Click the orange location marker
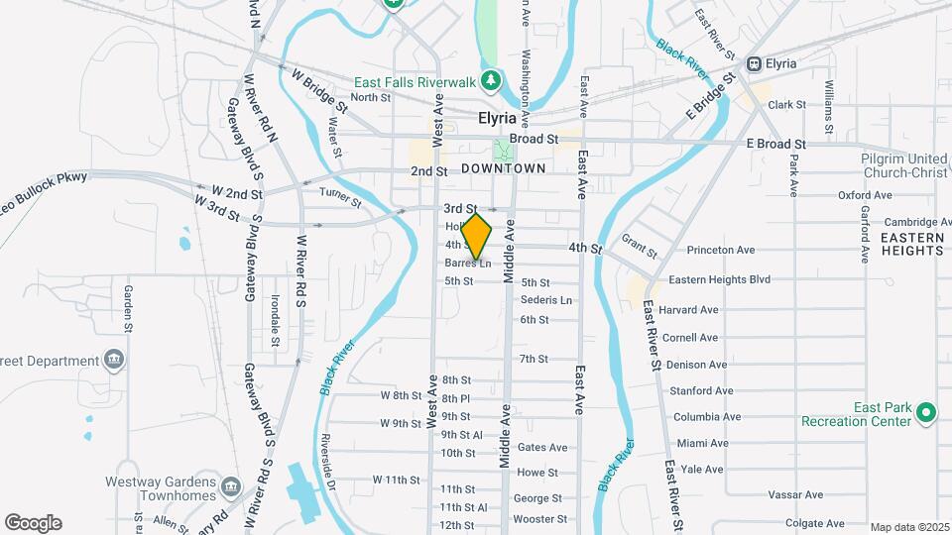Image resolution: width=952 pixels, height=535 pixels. pos(477,237)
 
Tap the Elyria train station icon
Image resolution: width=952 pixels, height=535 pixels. pos(754,63)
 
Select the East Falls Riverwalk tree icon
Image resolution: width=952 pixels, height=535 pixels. pos(488,79)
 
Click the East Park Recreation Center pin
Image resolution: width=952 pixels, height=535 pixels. pos(927,411)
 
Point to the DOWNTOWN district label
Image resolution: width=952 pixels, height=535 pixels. pos(504,169)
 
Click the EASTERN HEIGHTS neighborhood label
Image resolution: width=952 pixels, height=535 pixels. pos(911,244)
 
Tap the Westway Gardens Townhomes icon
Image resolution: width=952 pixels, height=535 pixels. pos(231,486)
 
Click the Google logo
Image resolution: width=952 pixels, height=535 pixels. pos(33,522)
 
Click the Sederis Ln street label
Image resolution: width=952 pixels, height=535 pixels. pos(546,300)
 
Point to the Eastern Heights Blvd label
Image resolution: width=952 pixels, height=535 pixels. pos(719,280)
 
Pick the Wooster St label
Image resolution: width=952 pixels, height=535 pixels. pos(538,518)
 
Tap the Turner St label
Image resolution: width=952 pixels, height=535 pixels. pos(340,198)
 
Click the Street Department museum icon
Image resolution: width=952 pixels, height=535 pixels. pos(115,358)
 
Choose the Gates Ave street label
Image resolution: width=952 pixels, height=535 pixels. pos(542,448)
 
